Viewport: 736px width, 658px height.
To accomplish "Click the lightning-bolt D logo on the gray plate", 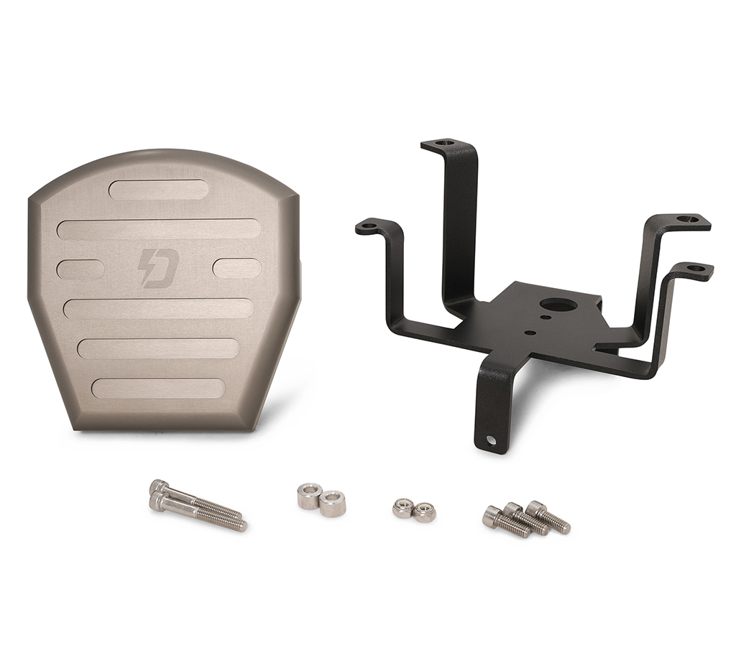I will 157,268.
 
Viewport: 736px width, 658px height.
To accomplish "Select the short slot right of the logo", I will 236,269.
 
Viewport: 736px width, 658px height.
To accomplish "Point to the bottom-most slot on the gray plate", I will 158,388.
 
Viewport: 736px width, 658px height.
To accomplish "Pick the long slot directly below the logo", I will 158,308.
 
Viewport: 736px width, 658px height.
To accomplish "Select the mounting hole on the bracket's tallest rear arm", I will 445,143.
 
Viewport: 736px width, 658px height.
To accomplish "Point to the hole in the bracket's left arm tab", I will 369,226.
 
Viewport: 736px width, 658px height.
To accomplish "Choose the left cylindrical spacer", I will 309,496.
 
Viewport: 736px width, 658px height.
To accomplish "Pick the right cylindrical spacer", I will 333,503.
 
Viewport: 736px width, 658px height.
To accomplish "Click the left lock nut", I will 402,508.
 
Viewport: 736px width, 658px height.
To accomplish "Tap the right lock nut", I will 425,511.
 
